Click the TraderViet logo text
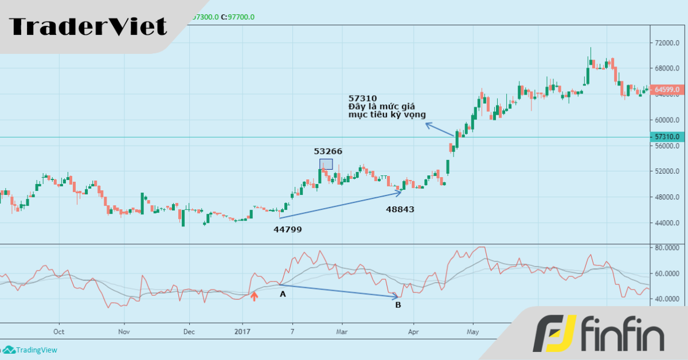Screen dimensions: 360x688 click(x=88, y=26)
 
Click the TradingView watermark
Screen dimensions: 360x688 click(x=31, y=350)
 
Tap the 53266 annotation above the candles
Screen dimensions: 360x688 click(x=328, y=151)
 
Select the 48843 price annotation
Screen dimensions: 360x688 click(x=400, y=210)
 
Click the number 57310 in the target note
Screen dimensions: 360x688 click(x=363, y=98)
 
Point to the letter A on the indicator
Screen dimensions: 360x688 click(x=282, y=294)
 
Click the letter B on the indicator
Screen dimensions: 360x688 click(x=398, y=305)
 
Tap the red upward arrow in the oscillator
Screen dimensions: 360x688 click(x=255, y=296)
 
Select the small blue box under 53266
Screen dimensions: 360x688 click(x=326, y=164)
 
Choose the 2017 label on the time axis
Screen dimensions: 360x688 click(x=243, y=331)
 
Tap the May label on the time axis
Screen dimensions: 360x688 click(x=472, y=331)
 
